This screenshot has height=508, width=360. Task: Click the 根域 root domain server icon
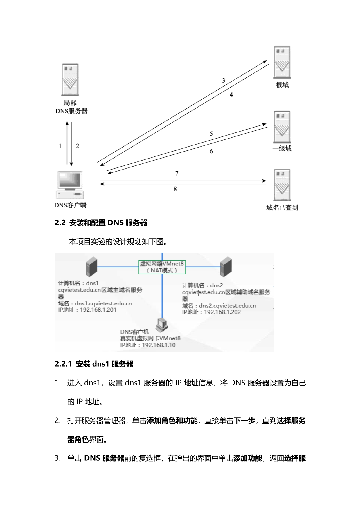click(x=282, y=62)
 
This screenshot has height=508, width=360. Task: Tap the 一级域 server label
click(x=282, y=148)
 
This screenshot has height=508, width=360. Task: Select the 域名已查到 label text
click(x=282, y=207)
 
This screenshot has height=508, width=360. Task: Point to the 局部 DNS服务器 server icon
click(x=70, y=80)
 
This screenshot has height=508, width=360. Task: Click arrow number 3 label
click(x=224, y=81)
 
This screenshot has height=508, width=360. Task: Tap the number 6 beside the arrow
click(x=211, y=151)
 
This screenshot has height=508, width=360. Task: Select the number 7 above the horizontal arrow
click(x=177, y=173)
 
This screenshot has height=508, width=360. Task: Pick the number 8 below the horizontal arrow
click(x=175, y=189)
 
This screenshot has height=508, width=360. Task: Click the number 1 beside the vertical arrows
click(x=60, y=146)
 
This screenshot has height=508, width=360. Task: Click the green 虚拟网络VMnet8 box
click(x=162, y=267)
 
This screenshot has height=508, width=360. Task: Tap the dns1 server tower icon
click(x=91, y=267)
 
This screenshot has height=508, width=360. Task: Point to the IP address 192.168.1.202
click(x=222, y=312)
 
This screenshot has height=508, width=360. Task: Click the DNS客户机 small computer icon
click(x=161, y=325)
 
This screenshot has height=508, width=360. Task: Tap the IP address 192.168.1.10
click(x=159, y=345)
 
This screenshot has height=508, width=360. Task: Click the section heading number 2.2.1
click(x=63, y=364)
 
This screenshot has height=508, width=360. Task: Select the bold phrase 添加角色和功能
click(x=172, y=420)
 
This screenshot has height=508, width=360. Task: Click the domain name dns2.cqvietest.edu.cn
click(x=227, y=306)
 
